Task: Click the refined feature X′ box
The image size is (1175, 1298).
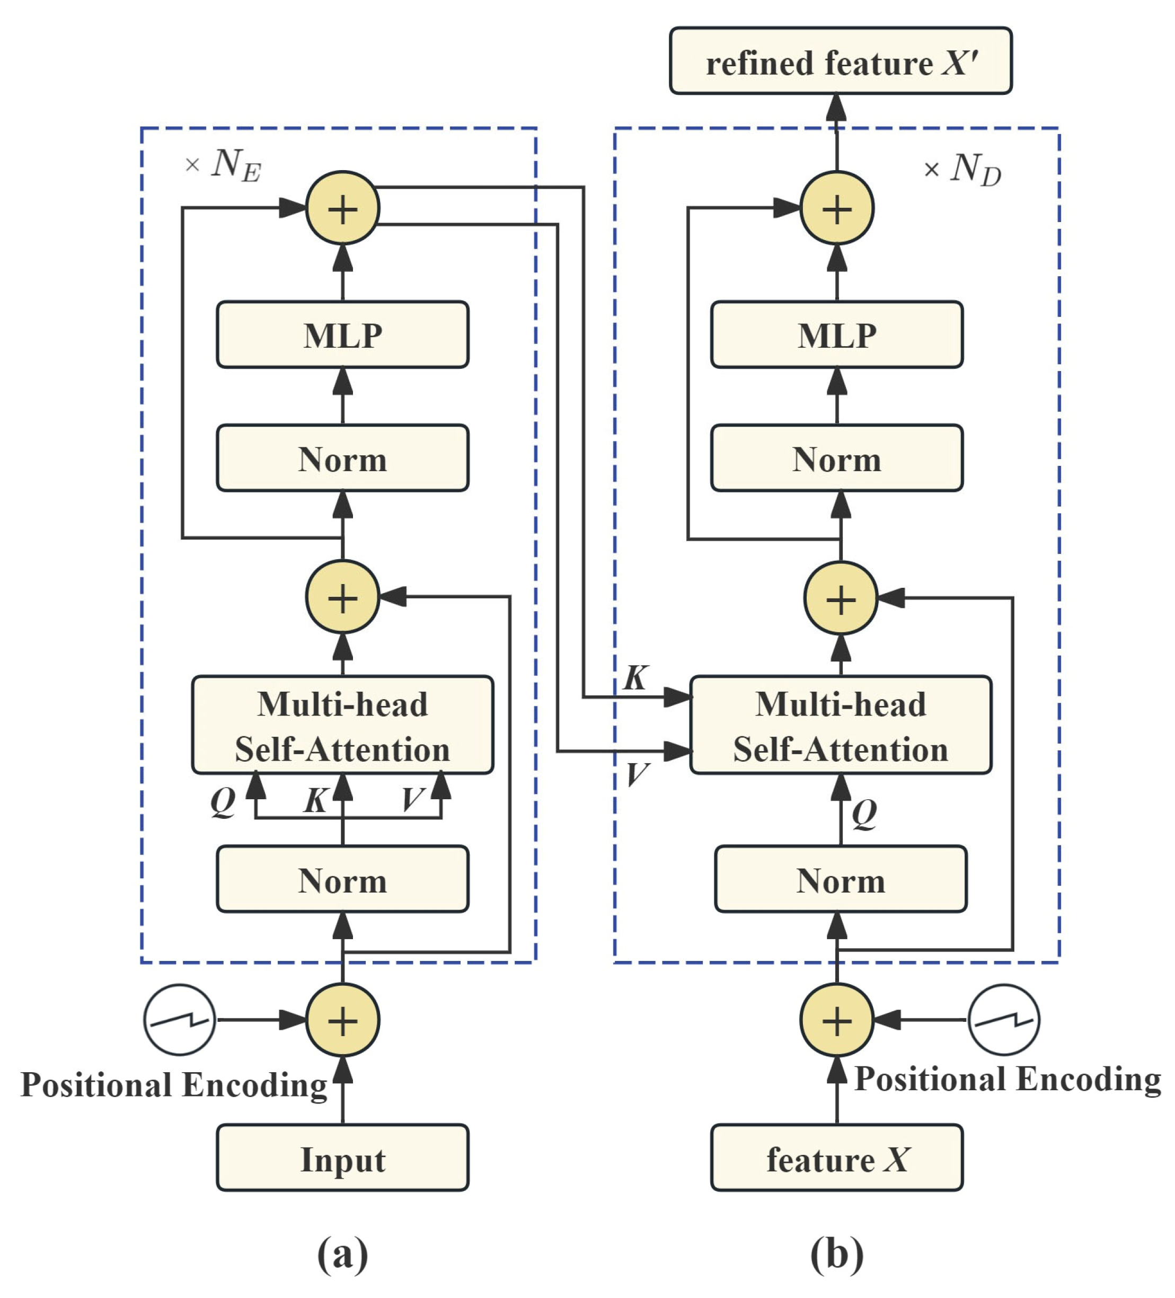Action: click(x=840, y=61)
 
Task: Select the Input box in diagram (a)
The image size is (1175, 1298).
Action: click(x=342, y=1160)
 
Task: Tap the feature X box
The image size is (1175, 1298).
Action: click(x=836, y=1160)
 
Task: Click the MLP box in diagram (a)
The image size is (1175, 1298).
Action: click(x=342, y=335)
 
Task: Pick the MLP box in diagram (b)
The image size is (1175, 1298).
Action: click(x=836, y=335)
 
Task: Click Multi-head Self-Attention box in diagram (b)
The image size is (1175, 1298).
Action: click(x=840, y=726)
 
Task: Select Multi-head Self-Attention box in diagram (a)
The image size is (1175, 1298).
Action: click(x=342, y=726)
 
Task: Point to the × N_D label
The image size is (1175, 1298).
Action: click(x=962, y=170)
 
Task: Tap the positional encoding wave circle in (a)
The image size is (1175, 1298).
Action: click(x=180, y=1020)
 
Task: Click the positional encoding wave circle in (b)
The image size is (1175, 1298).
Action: click(x=1003, y=1020)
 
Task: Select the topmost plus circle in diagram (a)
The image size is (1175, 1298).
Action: click(x=342, y=208)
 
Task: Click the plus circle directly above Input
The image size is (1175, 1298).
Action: click(x=342, y=1020)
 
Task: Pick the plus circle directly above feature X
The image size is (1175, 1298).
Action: click(x=836, y=1020)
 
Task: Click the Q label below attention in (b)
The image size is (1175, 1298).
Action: click(x=864, y=813)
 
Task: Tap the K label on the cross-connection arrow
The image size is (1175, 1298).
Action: click(x=635, y=678)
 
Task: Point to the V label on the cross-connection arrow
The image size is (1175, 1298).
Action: click(x=637, y=773)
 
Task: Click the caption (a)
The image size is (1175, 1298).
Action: click(x=342, y=1252)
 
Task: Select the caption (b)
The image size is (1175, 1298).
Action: click(x=836, y=1252)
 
